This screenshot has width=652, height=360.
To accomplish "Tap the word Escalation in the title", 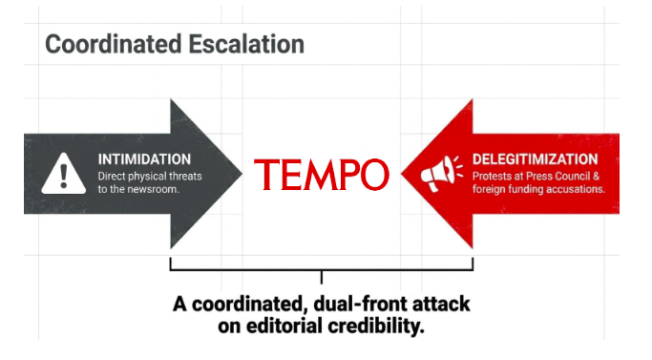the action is [246, 44].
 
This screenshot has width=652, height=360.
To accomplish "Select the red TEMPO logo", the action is [322, 175].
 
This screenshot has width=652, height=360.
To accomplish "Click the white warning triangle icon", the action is [64, 174].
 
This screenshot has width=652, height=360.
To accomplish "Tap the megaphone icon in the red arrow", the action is [441, 174].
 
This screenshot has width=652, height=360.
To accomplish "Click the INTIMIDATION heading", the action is [144, 159].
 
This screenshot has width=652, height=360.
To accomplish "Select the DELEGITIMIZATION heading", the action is [535, 159].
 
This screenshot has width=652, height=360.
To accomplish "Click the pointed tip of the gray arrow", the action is [242, 174].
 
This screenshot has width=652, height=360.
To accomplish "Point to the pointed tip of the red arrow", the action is [402, 174].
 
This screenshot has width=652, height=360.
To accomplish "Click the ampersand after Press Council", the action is [596, 177].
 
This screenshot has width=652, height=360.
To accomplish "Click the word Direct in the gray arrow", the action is [112, 177].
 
